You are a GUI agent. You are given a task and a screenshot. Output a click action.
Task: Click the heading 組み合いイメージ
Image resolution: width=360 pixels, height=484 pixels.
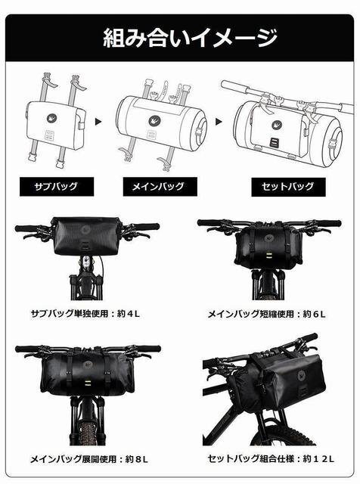tap(190, 38)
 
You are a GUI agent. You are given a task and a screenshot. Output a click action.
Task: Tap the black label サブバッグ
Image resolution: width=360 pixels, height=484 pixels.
tap(57, 187)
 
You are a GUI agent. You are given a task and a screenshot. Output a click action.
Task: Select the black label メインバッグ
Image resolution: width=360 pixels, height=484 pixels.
tap(160, 187)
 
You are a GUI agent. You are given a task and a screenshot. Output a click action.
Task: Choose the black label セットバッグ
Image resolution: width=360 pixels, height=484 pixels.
tap(288, 187)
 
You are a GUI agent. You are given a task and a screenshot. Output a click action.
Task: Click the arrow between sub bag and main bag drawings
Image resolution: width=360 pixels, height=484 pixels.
tap(98, 122)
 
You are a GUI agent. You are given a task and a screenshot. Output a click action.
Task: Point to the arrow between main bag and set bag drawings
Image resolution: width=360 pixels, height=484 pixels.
tap(219, 122)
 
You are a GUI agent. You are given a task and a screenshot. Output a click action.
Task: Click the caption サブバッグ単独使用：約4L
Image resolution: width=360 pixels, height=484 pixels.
tap(85, 314)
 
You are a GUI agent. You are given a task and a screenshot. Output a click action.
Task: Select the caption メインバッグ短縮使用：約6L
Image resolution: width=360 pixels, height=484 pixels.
tap(267, 315)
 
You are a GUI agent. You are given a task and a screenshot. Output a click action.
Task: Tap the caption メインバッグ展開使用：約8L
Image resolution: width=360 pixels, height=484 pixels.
tap(89, 459)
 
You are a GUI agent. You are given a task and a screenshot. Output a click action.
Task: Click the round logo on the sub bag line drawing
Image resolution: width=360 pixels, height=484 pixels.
tap(51, 118)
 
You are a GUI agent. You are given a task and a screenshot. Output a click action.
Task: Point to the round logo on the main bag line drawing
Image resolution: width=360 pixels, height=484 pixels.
tap(154, 120)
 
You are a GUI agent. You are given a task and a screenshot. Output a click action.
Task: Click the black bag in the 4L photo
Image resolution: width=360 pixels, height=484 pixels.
tap(86, 235)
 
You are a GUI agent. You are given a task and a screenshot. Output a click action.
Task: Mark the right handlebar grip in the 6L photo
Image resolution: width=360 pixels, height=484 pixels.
tap(329, 223)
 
